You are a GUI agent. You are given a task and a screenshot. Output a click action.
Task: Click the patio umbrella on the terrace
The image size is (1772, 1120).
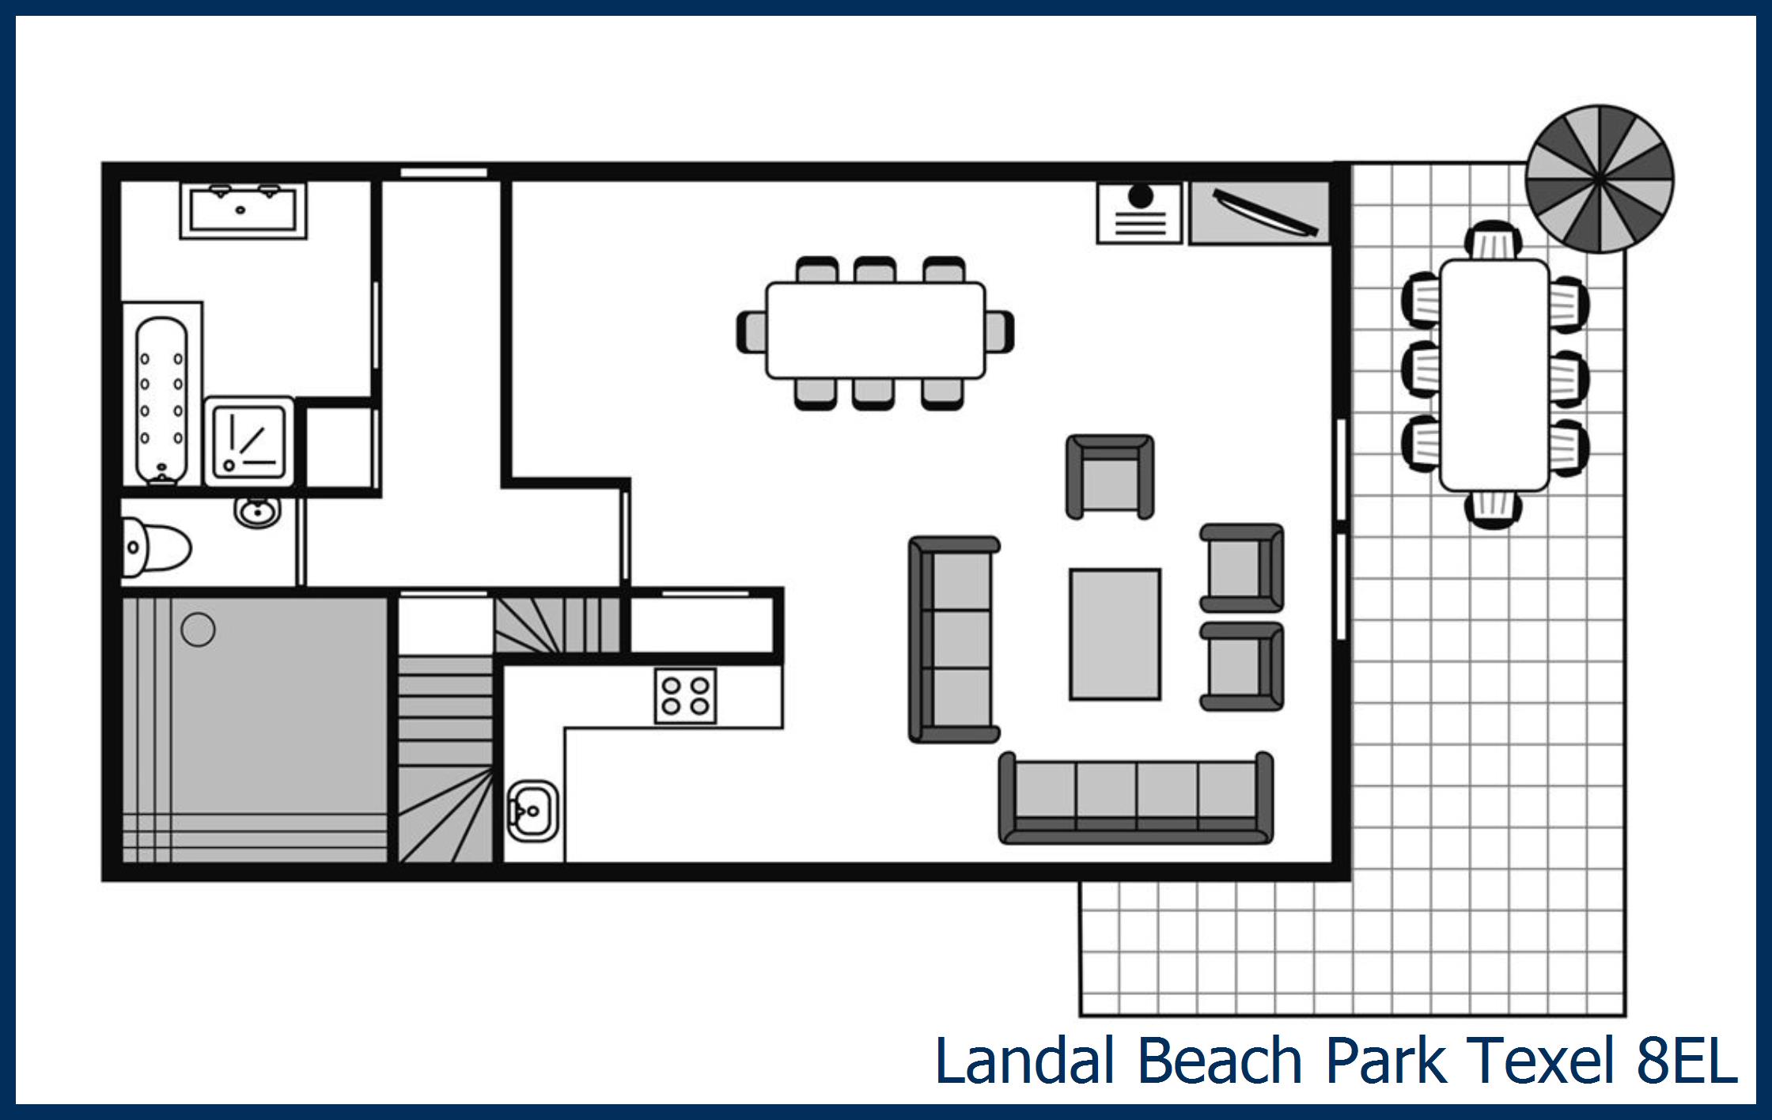(x=1599, y=179)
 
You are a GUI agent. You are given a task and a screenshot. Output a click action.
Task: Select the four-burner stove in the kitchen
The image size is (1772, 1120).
(x=685, y=695)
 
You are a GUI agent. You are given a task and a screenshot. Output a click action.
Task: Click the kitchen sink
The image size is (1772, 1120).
(x=532, y=810)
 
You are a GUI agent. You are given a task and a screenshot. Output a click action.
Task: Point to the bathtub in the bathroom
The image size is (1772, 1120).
(x=161, y=399)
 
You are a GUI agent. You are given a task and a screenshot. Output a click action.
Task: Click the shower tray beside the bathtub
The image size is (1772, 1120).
(x=249, y=442)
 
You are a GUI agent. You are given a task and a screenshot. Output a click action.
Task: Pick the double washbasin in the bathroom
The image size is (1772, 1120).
(x=243, y=209)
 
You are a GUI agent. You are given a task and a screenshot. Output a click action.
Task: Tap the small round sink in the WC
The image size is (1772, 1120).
(x=257, y=511)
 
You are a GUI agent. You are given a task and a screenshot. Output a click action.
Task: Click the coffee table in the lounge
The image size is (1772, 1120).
(x=1115, y=634)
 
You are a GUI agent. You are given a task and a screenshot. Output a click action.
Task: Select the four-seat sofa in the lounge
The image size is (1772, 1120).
(x=1136, y=797)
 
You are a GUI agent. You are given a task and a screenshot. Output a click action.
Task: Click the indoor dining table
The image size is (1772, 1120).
(x=875, y=330)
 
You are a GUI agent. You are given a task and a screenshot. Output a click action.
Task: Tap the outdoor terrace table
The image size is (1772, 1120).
(x=1494, y=375)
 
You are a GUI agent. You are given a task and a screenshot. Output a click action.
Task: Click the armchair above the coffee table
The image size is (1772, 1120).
(x=1109, y=476)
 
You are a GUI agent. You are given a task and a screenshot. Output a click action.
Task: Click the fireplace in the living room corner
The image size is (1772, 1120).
(x=1139, y=213)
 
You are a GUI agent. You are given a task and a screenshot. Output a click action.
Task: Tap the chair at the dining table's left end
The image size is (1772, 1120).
(x=752, y=331)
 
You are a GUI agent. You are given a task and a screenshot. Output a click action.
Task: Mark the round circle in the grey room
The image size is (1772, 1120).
(x=198, y=630)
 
